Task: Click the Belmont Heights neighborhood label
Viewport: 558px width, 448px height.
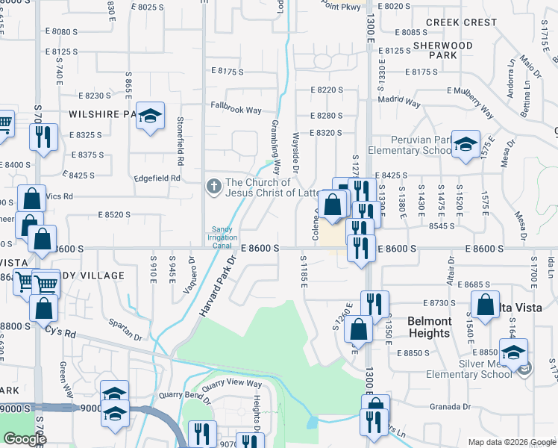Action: coord(429,327)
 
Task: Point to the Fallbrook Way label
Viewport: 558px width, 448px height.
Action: coord(236,110)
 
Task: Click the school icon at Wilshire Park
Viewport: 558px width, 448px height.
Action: coord(151,116)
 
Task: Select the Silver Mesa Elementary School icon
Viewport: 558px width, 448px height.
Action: coord(512,352)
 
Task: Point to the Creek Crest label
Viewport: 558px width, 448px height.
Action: coord(461,22)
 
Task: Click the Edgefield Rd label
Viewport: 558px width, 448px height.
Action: coord(157,178)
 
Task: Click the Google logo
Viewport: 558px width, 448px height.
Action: coord(25,439)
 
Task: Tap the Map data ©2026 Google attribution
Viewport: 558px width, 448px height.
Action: coord(511,442)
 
